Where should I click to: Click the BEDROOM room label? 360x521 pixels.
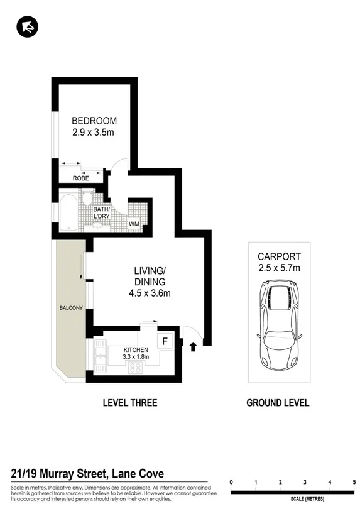94,121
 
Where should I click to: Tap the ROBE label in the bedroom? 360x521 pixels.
80,178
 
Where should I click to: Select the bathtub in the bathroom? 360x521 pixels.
68,210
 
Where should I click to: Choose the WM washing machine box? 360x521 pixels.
134,223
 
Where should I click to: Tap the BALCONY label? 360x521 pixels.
70,309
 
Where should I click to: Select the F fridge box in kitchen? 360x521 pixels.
165,341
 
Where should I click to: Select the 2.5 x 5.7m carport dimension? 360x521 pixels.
279,268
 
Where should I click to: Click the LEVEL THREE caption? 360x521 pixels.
130,403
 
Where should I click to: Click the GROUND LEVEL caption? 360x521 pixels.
278,403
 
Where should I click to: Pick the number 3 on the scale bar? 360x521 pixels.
305,482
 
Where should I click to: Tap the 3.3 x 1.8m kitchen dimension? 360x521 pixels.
136,358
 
